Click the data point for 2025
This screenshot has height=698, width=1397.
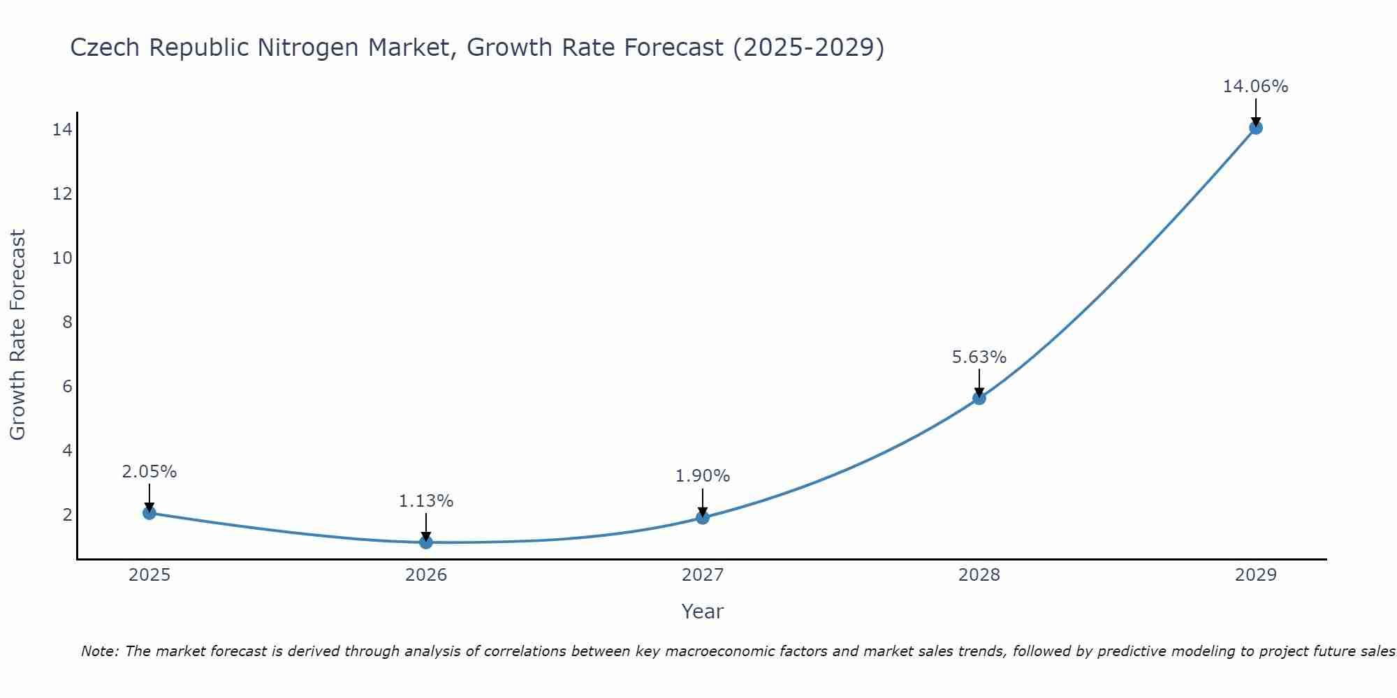tap(149, 513)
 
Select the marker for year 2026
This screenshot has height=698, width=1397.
tap(426, 542)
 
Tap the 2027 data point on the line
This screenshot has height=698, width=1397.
tap(703, 517)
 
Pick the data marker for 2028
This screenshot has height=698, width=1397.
tap(979, 398)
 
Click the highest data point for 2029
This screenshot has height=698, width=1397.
tap(1256, 128)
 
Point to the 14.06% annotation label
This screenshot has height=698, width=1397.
tap(1255, 87)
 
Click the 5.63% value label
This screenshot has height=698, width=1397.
tap(979, 357)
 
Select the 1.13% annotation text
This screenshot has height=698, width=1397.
tap(426, 501)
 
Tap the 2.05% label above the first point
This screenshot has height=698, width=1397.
tap(149, 472)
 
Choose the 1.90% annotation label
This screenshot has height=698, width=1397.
tap(703, 476)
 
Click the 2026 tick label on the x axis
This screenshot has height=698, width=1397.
tap(426, 575)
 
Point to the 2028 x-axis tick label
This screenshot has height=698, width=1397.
tap(979, 575)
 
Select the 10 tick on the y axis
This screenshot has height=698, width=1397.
tap(62, 258)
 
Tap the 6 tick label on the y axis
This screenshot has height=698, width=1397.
tap(67, 387)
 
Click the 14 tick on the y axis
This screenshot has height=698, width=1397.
tap(62, 130)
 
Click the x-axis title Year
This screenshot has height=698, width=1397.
tap(702, 611)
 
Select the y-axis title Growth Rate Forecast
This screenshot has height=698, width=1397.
tap(17, 335)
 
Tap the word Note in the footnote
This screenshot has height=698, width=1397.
tap(100, 651)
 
